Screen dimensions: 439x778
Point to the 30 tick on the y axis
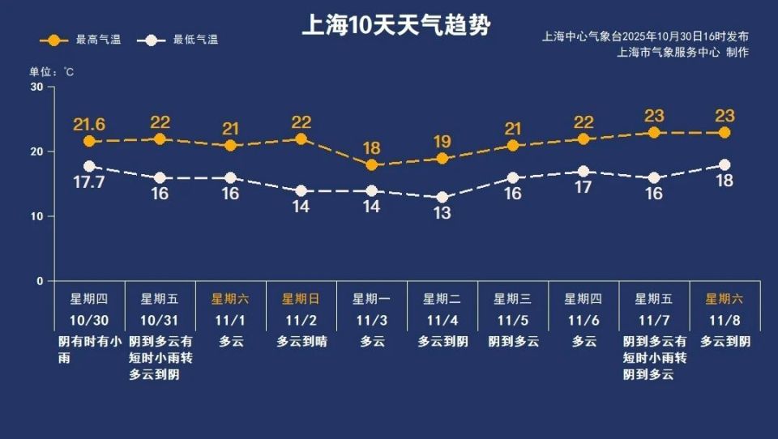click(x=37, y=87)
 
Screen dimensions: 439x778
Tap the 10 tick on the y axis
click(x=37, y=216)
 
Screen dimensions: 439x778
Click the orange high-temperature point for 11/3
click(x=372, y=165)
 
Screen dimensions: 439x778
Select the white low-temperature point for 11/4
click(x=442, y=198)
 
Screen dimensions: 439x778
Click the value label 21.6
click(x=89, y=124)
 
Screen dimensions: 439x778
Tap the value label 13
click(x=442, y=214)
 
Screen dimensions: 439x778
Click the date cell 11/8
click(x=725, y=319)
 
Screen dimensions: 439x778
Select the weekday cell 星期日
click(x=301, y=298)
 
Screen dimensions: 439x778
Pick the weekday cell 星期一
click(x=371, y=298)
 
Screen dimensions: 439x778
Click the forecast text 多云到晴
click(x=301, y=341)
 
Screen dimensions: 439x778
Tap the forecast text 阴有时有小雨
click(x=89, y=349)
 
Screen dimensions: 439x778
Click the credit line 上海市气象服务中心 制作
click(x=682, y=53)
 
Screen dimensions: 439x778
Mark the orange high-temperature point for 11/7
click(x=654, y=133)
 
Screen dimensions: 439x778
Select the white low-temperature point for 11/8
click(x=725, y=165)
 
